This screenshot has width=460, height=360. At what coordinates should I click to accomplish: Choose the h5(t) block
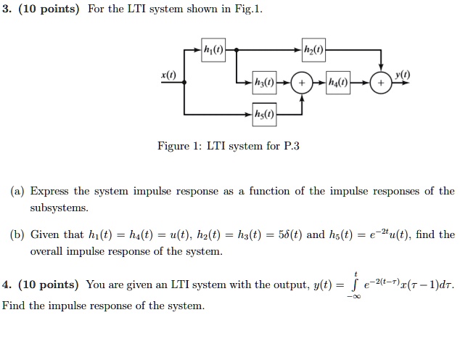pyautogui.click(x=265, y=113)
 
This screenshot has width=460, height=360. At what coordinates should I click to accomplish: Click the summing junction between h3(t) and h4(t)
pyautogui.click(x=301, y=83)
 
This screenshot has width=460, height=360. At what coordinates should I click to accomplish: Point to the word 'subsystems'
pyautogui.click(x=59, y=208)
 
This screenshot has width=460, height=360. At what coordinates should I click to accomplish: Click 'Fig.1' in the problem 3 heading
pyautogui.click(x=249, y=9)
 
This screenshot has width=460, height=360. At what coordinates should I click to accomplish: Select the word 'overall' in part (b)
pyautogui.click(x=48, y=252)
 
